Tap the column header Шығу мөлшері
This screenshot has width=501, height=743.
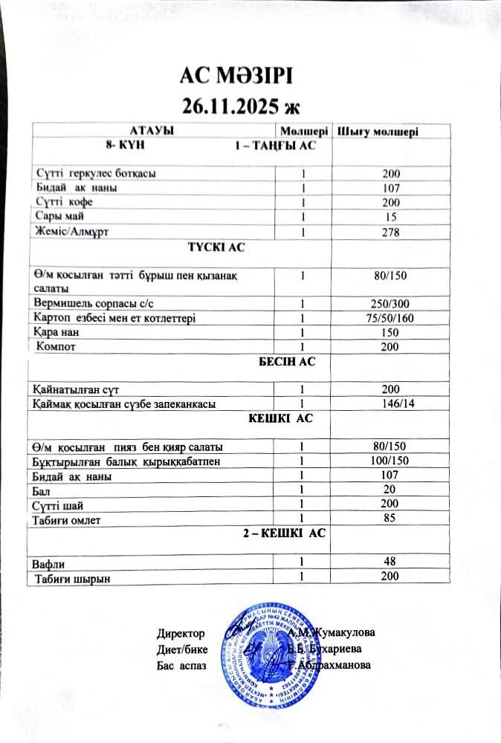pyautogui.click(x=378, y=132)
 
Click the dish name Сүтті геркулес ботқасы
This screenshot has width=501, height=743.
pyautogui.click(x=97, y=173)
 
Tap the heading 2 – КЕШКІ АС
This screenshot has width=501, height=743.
pyautogui.click(x=285, y=534)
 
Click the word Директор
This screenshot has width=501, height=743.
pyautogui.click(x=181, y=633)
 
